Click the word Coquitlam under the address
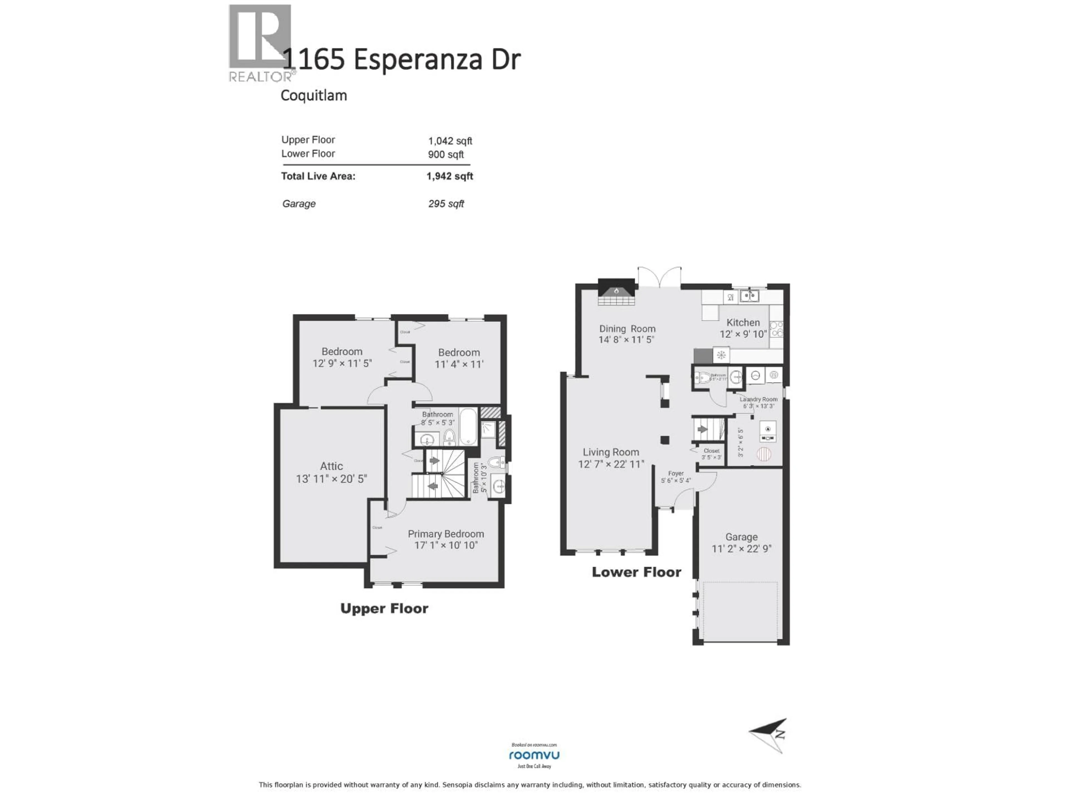314,95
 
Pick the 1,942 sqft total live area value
449,176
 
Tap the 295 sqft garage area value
446,204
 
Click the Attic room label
332,466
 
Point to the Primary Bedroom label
446,534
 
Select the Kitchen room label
743,322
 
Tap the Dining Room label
627,329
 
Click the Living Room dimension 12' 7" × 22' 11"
611,464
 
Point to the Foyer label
676,474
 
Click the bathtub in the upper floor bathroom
468,427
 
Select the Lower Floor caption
636,572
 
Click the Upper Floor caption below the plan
384,609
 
